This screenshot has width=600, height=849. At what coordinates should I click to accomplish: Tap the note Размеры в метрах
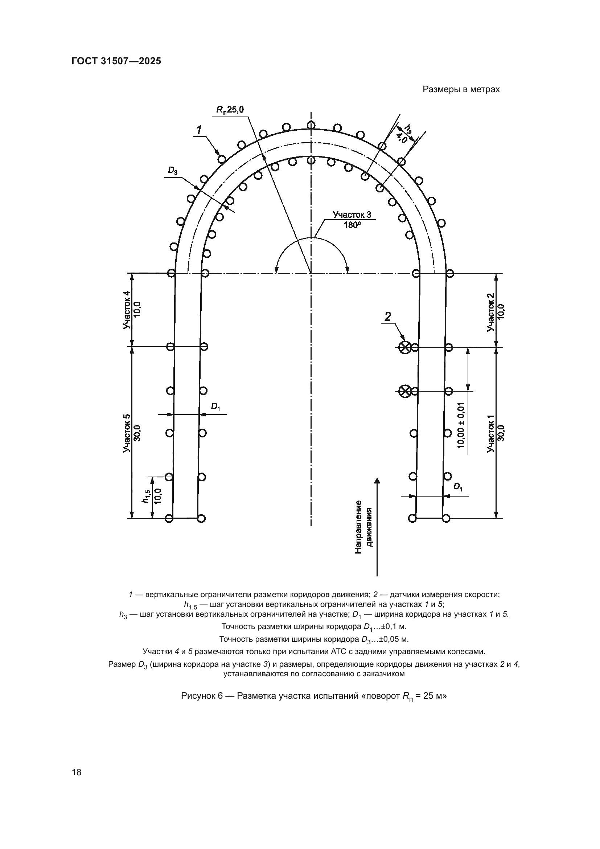tap(461, 90)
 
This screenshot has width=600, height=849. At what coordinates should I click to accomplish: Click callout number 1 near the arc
tap(199, 130)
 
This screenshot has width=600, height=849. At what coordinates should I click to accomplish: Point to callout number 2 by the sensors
tap(387, 317)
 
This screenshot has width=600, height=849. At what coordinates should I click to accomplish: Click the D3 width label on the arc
tap(173, 171)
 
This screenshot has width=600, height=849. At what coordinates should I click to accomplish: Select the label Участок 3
tap(352, 215)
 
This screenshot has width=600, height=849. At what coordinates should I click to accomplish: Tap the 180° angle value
tap(352, 225)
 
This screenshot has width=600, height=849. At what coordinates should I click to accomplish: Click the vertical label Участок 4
tap(127, 310)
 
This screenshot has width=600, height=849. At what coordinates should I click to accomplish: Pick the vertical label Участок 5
tap(127, 433)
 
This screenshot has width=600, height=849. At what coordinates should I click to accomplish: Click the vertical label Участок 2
tap(490, 312)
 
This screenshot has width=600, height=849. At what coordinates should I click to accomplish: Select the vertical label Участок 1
tap(490, 433)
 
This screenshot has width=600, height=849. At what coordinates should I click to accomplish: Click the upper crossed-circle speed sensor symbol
tap(404, 347)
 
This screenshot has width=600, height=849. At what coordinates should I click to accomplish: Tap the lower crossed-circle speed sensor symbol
tap(405, 391)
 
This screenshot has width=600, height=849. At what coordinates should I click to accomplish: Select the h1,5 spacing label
tap(146, 496)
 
